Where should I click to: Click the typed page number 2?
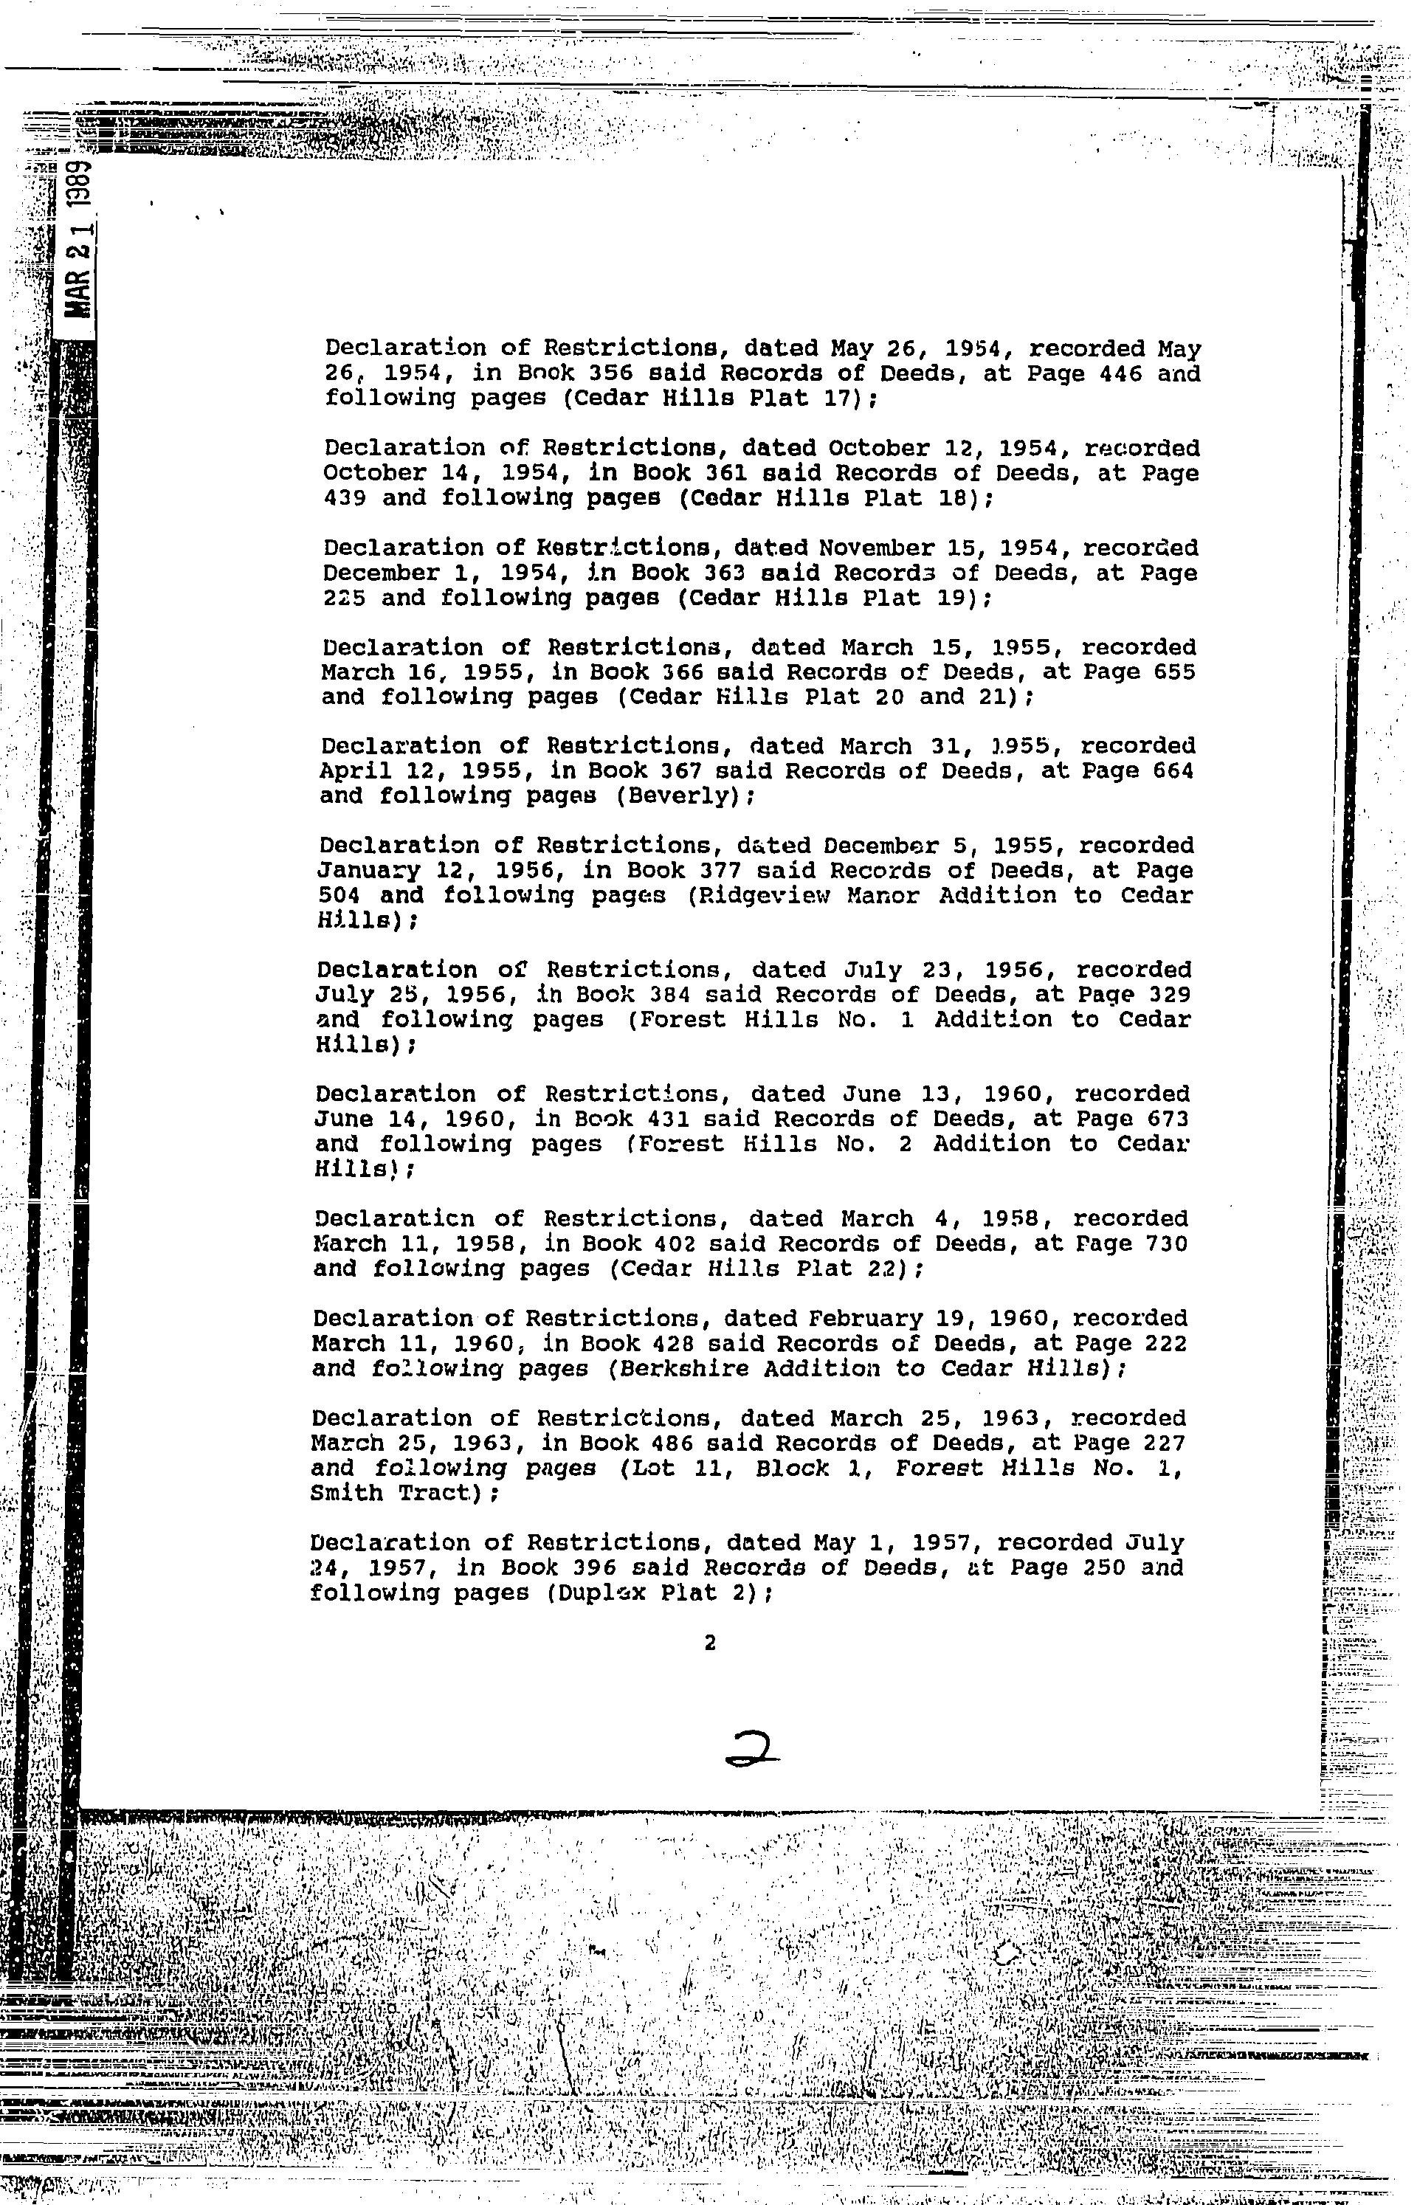[708, 1642]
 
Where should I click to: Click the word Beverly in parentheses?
[683, 795]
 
